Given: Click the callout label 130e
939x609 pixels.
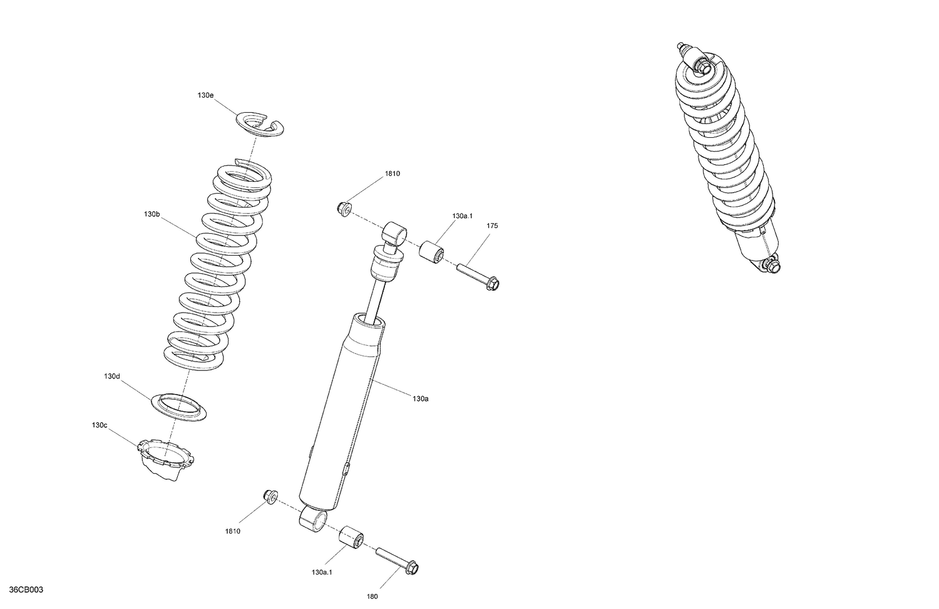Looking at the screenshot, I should (x=205, y=95).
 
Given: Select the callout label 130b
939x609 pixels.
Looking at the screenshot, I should (x=151, y=214).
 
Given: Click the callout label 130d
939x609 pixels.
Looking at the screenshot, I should (x=112, y=377).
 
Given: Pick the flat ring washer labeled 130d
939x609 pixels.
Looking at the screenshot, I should (x=180, y=407).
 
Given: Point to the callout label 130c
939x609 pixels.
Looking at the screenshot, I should (x=100, y=425).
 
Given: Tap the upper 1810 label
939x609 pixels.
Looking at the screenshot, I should (x=393, y=174).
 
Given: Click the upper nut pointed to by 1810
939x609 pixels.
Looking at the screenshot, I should (x=344, y=208).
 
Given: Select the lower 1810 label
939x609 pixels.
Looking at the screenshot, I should (x=232, y=531).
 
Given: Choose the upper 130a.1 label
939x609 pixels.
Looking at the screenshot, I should (x=462, y=216).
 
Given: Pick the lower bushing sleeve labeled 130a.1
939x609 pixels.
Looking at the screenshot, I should (x=352, y=538).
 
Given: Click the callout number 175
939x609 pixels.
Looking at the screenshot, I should (x=492, y=226).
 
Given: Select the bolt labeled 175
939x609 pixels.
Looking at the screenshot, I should (x=479, y=276).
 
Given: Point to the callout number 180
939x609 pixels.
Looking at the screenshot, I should (x=372, y=597).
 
